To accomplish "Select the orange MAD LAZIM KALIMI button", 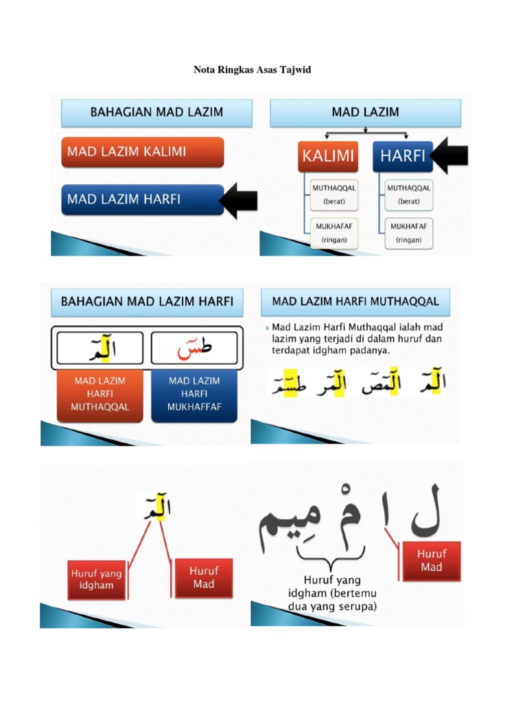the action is (x=142, y=152).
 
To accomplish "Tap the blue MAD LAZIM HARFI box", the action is (x=142, y=199).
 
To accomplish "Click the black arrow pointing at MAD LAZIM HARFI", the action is (x=239, y=200).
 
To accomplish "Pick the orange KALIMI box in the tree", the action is (x=327, y=156).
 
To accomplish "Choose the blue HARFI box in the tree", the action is (x=402, y=156).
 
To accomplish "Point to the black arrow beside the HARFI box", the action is (x=451, y=156).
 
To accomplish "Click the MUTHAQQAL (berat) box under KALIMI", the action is (x=333, y=194).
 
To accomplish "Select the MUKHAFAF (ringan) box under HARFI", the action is (x=409, y=233).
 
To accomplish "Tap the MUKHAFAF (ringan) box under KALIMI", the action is (x=333, y=233).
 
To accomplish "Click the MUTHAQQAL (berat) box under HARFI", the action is (x=409, y=194).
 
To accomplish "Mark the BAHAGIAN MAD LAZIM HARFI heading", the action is (x=147, y=301).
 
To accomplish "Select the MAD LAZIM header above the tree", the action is (x=365, y=112).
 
